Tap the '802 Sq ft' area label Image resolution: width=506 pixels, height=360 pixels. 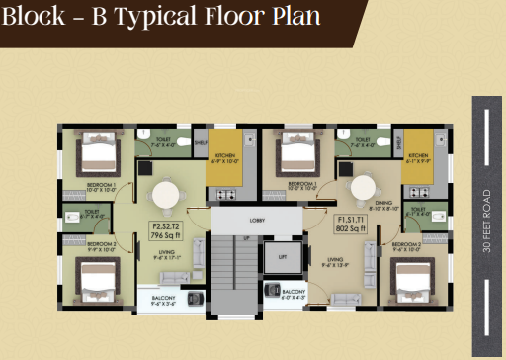352,227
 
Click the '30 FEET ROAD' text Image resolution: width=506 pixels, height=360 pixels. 486,223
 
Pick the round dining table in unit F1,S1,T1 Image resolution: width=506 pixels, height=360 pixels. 363,188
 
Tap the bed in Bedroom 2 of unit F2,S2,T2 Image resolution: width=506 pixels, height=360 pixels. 95,275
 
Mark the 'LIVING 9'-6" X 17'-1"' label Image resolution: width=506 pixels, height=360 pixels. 163,254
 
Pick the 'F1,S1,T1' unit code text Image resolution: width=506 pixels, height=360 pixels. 352,219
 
